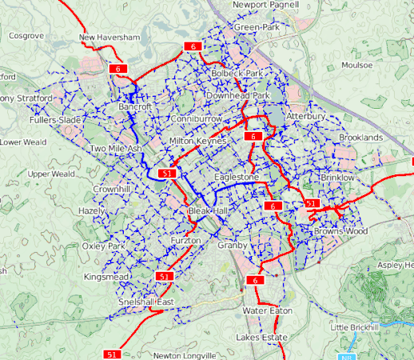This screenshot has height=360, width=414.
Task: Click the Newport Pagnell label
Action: (x=265, y=5)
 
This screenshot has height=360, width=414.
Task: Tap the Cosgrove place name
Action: (x=26, y=36)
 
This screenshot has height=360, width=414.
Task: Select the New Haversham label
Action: (x=110, y=38)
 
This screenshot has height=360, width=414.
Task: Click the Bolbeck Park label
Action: (x=237, y=73)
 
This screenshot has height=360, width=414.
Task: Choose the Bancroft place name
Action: (x=134, y=106)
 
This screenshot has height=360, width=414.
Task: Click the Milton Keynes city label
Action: (x=199, y=141)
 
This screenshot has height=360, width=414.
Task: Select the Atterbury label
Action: (x=305, y=116)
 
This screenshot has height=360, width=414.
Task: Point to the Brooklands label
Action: (x=360, y=138)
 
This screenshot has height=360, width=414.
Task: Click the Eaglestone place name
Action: (x=237, y=177)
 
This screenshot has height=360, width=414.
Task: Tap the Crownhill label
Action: (x=111, y=189)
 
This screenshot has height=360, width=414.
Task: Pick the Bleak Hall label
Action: (x=208, y=210)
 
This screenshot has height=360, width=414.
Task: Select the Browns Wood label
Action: (x=340, y=231)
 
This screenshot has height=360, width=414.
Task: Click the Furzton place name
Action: (x=186, y=241)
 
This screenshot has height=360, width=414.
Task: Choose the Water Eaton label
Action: (x=268, y=310)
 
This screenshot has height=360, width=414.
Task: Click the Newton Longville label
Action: (x=185, y=355)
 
